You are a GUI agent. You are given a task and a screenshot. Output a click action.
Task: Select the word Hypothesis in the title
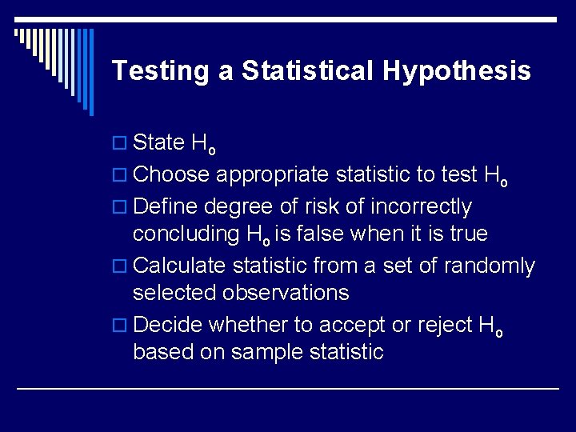456,71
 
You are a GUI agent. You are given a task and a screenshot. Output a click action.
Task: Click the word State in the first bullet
158,143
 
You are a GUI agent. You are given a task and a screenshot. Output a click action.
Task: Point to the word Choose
171,175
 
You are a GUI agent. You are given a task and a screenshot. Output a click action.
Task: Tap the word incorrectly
417,207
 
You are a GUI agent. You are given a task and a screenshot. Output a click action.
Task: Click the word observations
286,293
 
